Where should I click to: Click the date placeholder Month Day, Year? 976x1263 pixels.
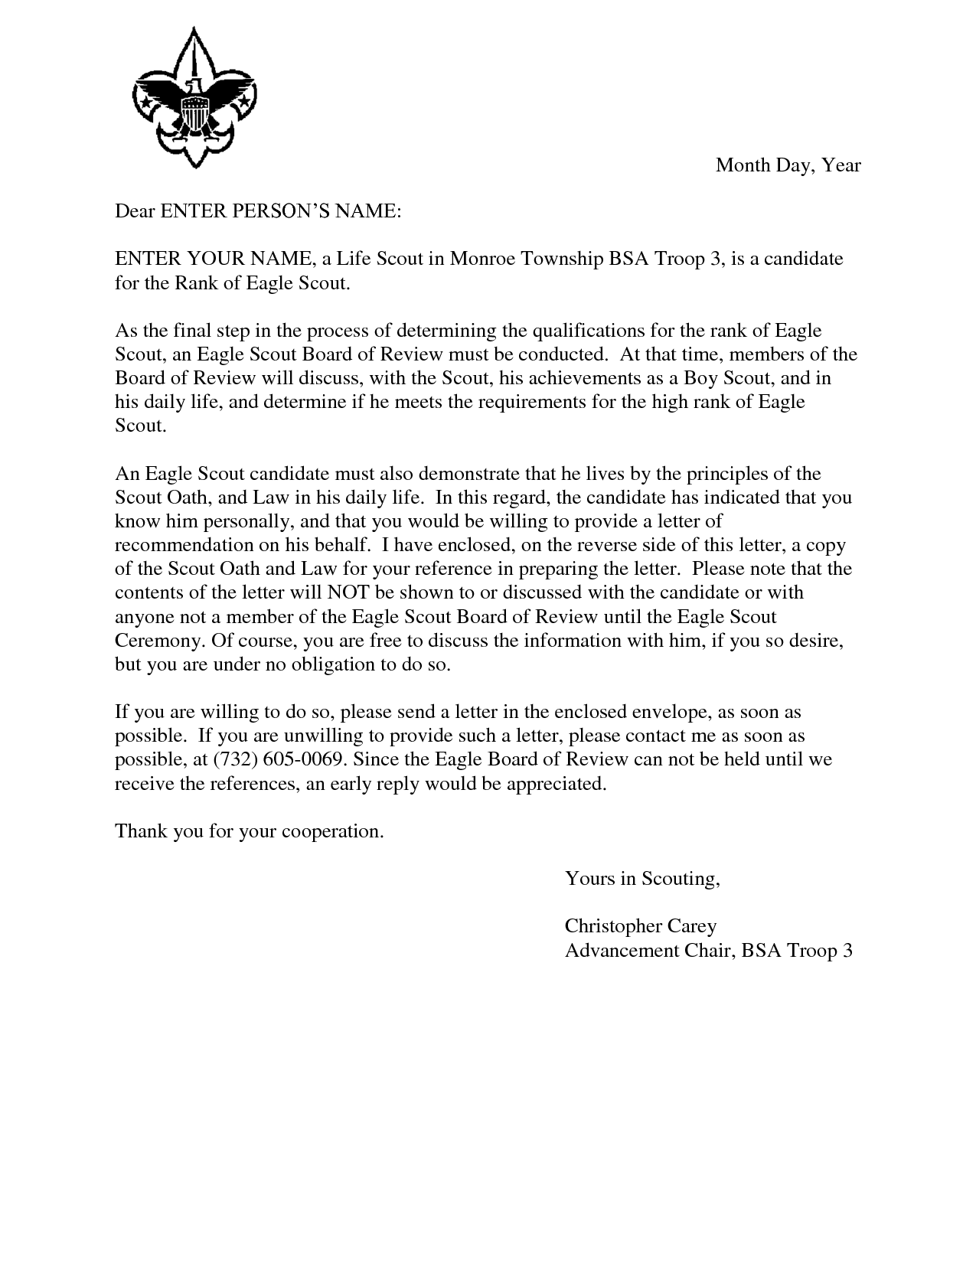[x=788, y=165]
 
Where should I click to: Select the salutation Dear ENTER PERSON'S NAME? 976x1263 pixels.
[x=257, y=211]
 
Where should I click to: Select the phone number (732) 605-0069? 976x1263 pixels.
[x=280, y=759]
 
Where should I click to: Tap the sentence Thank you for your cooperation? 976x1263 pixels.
[x=249, y=831]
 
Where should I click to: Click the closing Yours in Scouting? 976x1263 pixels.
[x=642, y=879]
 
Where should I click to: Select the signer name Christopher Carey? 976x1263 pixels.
[x=640, y=926]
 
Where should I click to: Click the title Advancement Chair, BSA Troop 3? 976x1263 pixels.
[x=708, y=951]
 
